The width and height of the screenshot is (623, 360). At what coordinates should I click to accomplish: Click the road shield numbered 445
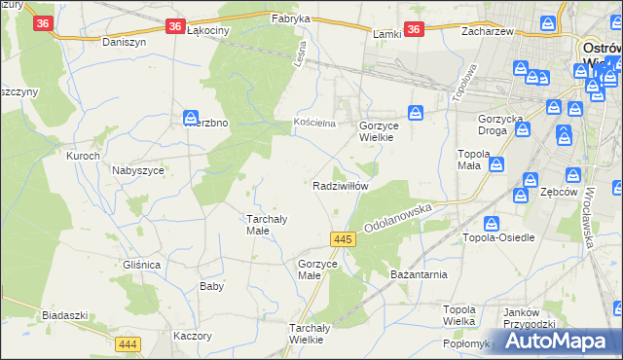(x=341, y=239)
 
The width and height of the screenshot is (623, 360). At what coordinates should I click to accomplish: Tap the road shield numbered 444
(x=127, y=344)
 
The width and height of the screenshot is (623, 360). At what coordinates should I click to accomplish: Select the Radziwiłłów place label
(x=340, y=186)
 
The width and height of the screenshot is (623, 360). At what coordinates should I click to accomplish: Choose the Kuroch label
(x=83, y=156)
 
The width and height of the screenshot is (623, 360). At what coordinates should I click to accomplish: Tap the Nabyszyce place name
(x=137, y=169)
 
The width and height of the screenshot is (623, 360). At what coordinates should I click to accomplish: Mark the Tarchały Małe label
(x=264, y=225)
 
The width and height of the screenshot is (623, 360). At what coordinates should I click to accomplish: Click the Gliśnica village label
(x=142, y=265)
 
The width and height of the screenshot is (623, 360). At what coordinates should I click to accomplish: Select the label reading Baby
(x=212, y=286)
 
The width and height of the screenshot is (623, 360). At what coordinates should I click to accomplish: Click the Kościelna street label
(x=314, y=124)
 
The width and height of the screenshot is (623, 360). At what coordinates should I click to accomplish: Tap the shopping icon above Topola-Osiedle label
(x=492, y=223)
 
